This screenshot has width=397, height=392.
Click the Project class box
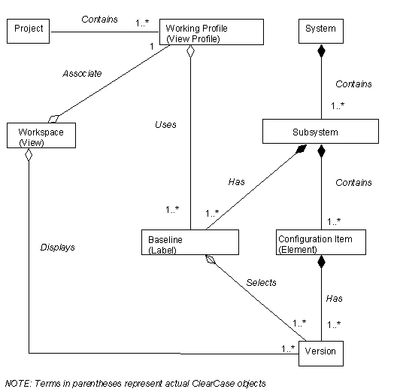tap(28, 31)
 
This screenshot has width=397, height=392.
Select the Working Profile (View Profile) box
tap(211, 32)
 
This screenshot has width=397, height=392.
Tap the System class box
tap(321, 31)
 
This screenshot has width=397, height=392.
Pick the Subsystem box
tap(320, 131)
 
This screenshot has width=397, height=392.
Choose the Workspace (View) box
tap(41, 135)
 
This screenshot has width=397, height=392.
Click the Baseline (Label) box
tap(190, 242)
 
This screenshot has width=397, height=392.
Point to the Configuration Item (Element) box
tap(321, 242)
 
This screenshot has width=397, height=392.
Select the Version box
tap(321, 354)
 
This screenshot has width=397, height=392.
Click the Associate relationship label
tap(82, 74)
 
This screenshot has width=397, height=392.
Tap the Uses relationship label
tap(165, 125)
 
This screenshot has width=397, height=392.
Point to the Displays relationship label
tap(57, 248)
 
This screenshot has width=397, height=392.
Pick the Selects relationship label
tap(261, 283)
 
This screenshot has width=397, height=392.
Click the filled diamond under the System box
tap(321, 51)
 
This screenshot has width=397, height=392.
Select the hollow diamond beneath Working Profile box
tap(190, 51)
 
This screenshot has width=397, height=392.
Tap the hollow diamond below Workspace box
tap(29, 154)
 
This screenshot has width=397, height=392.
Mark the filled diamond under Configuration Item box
tap(321, 262)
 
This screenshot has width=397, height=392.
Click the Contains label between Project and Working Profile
tap(99, 20)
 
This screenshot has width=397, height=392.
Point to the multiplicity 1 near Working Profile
tap(152, 47)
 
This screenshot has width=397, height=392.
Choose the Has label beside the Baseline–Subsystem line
tap(237, 181)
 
